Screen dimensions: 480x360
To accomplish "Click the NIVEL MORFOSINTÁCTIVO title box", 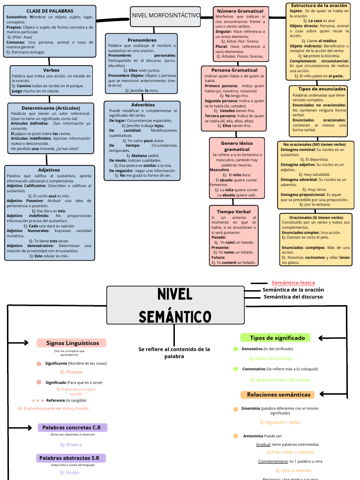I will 166,15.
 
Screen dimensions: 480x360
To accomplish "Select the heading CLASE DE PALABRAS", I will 50,11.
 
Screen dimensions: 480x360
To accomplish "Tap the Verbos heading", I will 51,70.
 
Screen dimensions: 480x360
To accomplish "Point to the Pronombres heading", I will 142,40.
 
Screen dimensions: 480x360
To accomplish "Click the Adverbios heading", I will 143,105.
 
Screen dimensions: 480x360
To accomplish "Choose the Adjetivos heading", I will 49,170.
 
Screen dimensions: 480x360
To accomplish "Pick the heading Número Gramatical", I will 240,11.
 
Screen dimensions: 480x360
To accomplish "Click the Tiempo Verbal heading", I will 233,212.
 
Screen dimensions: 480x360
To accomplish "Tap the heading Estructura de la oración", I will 319,5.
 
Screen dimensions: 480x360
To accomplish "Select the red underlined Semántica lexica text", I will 293,283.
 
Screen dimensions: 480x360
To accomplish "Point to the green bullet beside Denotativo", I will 236,349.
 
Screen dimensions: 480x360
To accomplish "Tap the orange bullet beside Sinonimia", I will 236,409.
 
